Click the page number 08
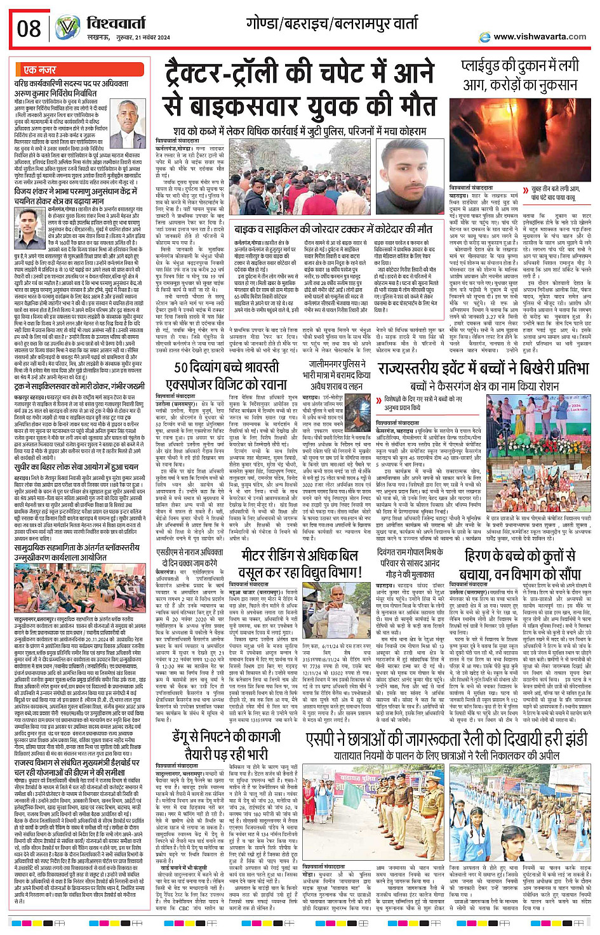tap(29, 29)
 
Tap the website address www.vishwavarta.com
tap(540, 37)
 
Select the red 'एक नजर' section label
tap(39, 69)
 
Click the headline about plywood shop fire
tap(521, 74)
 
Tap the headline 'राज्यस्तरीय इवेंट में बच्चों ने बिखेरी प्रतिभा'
tap(483, 369)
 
